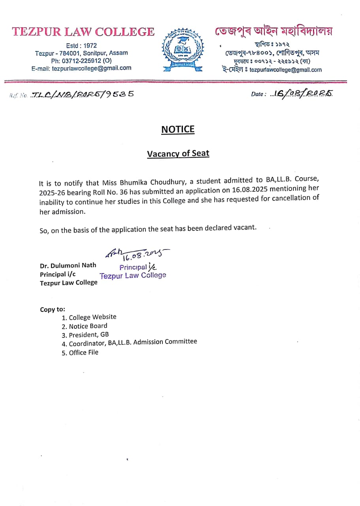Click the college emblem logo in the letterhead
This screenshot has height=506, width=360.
coord(183,50)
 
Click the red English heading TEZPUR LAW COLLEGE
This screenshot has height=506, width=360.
coord(83,32)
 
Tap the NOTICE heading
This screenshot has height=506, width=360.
coord(178,129)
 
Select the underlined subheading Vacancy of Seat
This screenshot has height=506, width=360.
coord(178,153)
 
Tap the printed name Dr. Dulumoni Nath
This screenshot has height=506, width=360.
coord(68,265)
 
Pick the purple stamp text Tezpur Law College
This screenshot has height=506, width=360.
coord(133,276)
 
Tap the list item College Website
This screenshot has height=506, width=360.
coord(92,317)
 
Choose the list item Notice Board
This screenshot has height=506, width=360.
coord(88,326)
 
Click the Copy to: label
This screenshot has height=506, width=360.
coord(53,309)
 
